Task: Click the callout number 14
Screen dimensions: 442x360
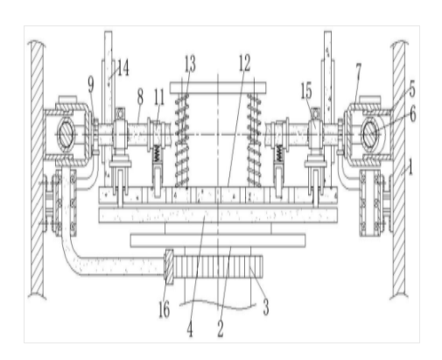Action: click(123, 67)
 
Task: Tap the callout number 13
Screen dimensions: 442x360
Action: click(190, 64)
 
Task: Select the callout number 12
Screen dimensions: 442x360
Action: click(244, 63)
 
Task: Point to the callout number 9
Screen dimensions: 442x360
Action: click(91, 85)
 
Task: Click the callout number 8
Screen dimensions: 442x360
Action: click(140, 96)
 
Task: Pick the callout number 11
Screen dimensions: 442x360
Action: click(159, 97)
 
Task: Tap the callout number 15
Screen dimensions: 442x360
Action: click(306, 91)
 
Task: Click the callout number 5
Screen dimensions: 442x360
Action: click(412, 89)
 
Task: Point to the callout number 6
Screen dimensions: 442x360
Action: click(413, 114)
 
